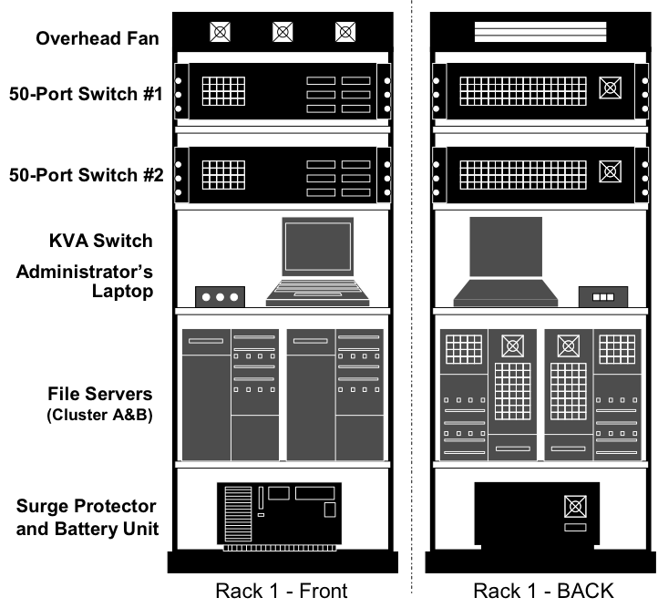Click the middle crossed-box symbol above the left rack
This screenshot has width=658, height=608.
283,32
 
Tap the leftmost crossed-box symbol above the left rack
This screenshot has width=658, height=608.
220,32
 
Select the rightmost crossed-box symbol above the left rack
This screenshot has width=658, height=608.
345,32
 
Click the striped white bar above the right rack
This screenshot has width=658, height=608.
540,32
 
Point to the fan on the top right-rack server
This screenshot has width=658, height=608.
610,88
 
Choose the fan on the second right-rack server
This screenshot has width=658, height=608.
610,171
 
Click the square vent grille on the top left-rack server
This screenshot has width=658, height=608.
223,91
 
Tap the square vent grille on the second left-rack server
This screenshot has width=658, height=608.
223,174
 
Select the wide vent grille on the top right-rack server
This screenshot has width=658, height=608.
522,91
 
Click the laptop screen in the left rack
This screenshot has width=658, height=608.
317,246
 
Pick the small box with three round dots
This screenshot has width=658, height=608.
220,297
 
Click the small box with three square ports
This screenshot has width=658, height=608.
603,297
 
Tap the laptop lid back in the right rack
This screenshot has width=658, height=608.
506,246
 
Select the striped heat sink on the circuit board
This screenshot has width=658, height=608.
238,514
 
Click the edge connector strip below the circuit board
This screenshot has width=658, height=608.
279,548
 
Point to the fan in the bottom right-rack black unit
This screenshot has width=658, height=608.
575,506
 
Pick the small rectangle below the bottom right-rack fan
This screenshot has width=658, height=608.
575,527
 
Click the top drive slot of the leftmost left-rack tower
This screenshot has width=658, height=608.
205,341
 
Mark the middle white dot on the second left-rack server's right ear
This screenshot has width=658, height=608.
387,179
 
